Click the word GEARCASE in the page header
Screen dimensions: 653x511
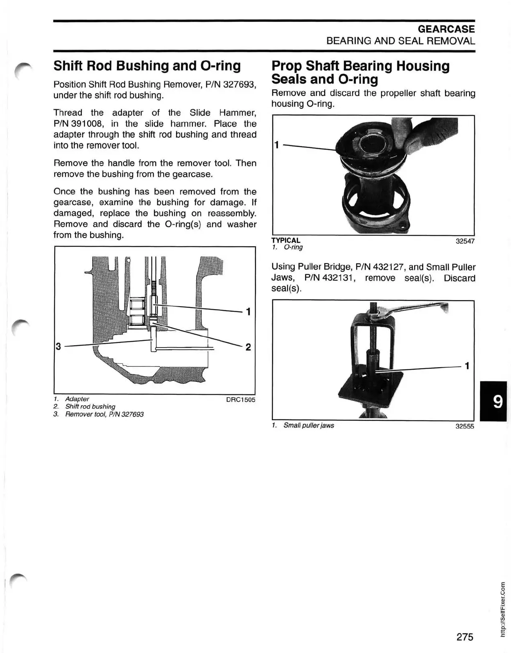click(x=446, y=29)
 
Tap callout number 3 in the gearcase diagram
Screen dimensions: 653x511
click(x=58, y=346)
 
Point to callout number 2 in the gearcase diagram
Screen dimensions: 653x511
click(x=248, y=347)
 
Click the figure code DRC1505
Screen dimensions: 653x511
click(x=240, y=400)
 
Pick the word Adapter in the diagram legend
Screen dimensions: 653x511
click(x=77, y=399)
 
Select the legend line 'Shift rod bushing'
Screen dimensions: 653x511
click(x=90, y=407)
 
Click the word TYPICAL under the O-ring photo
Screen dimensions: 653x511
click(x=286, y=241)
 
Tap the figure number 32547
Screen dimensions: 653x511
click(x=465, y=241)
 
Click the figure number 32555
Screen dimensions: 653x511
click(x=465, y=427)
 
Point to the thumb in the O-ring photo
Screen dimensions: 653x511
click(x=430, y=134)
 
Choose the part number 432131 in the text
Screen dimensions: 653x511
click(x=338, y=278)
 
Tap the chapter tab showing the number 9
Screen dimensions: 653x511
click(x=497, y=401)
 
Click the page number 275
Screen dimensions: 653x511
click(x=465, y=637)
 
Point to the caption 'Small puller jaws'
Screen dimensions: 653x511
click(x=309, y=425)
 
